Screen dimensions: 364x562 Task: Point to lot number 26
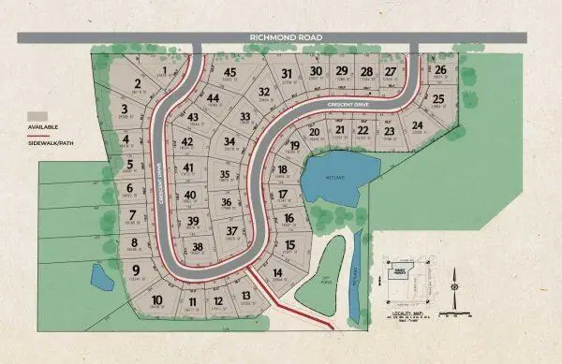439,69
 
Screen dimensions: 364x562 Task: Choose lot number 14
277,273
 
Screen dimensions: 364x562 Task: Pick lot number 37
231,230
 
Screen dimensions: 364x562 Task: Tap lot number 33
245,116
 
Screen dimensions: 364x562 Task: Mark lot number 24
417,126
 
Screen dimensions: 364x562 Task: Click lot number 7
132,215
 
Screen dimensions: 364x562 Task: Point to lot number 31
287,74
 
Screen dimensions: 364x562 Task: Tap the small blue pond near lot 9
99,276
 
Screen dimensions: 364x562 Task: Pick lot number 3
125,109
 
